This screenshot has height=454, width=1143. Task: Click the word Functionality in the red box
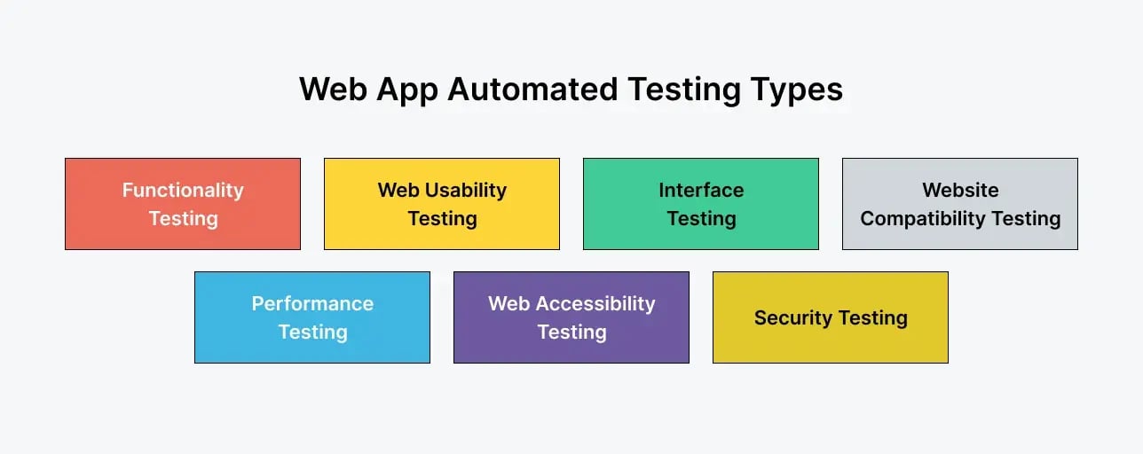(x=183, y=191)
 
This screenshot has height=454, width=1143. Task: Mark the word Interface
(x=701, y=190)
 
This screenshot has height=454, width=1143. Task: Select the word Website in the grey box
(x=960, y=190)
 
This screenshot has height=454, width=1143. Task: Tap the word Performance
(x=312, y=303)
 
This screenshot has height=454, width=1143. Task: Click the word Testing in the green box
(x=701, y=219)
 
